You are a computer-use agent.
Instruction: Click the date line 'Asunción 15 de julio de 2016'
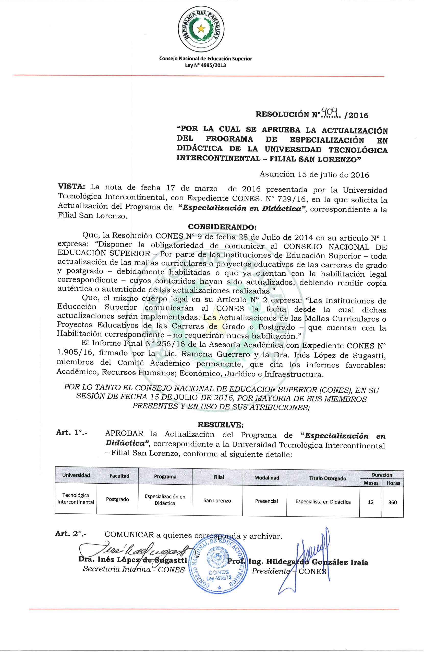[x=314, y=175]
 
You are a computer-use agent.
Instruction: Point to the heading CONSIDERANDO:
[x=222, y=227]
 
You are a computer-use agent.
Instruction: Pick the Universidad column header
[x=76, y=475]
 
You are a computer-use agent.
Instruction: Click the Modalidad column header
[x=266, y=477]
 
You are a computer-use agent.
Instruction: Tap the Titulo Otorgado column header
[x=323, y=478]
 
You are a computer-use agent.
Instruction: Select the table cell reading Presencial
[x=266, y=501]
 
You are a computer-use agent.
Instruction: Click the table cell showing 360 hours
[x=392, y=502]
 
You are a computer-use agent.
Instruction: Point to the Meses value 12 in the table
[x=370, y=502]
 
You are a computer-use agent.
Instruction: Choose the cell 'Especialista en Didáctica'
[x=323, y=502]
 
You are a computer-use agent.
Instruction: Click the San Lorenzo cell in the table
[x=217, y=501]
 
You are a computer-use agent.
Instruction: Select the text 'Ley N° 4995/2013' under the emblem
[x=206, y=65]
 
